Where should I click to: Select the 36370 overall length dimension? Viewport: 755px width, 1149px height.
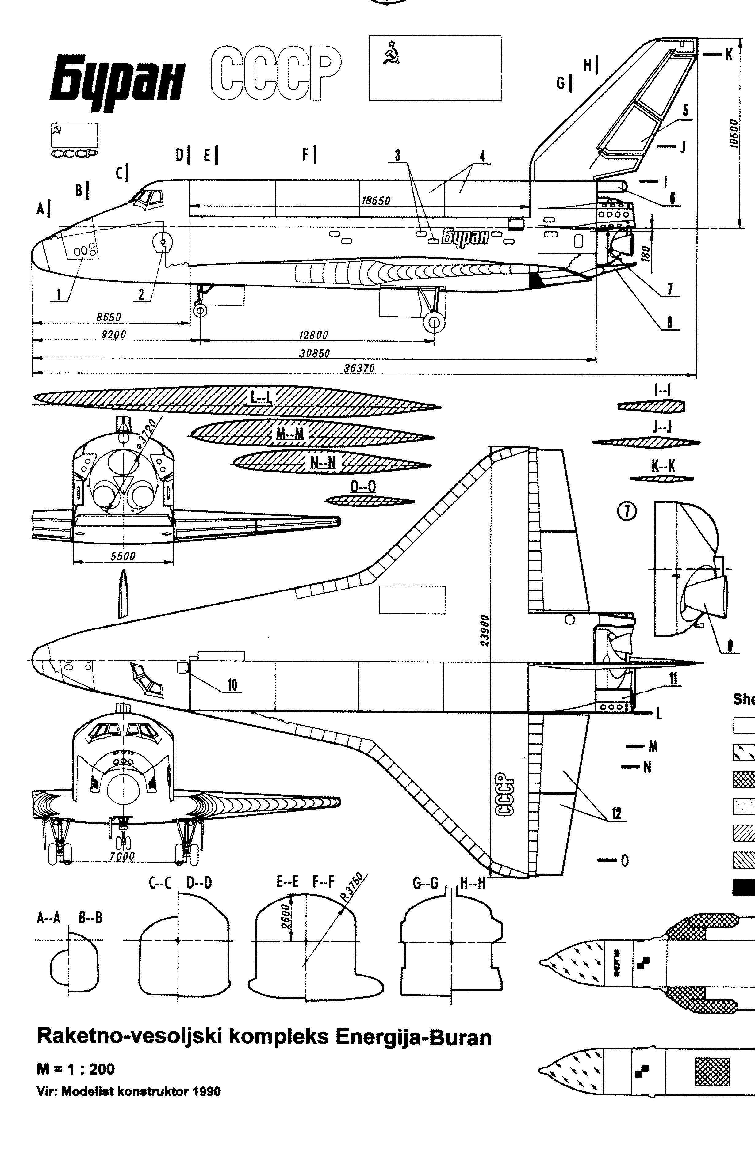click(x=359, y=368)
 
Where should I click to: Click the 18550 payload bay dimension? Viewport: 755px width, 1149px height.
click(x=376, y=201)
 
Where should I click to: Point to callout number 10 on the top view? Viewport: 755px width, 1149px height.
click(x=232, y=685)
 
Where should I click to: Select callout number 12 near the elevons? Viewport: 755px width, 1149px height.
click(x=616, y=813)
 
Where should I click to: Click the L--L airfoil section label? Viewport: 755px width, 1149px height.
click(x=261, y=397)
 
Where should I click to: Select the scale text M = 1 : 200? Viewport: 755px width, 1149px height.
click(x=76, y=1069)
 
